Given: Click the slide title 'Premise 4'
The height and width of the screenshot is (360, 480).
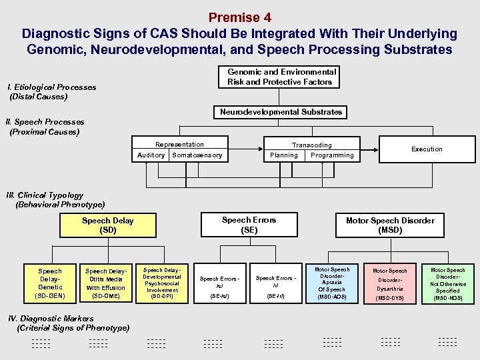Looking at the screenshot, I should (239, 17).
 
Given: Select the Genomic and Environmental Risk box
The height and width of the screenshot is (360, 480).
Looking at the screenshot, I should (281, 77).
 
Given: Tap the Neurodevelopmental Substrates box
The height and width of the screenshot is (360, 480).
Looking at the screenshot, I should (281, 112).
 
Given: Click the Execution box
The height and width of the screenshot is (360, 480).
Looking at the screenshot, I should (427, 149).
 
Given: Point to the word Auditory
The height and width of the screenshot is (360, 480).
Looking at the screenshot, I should (151, 155).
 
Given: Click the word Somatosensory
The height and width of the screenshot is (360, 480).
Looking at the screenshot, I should (197, 155).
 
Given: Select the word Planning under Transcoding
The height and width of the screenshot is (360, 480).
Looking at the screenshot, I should (284, 155).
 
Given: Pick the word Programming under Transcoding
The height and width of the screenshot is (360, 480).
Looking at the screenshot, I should (332, 155).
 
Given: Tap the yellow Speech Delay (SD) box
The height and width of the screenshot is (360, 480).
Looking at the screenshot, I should (107, 225).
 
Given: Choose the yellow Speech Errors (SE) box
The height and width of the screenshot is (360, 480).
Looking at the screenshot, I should (249, 225).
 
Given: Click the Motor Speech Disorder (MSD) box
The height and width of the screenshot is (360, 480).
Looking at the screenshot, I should (390, 225).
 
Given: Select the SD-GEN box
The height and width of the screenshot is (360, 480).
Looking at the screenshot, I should (50, 283).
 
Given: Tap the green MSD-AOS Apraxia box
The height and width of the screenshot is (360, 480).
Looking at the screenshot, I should (331, 283).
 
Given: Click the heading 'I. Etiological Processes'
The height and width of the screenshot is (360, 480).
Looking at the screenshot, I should (51, 87).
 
